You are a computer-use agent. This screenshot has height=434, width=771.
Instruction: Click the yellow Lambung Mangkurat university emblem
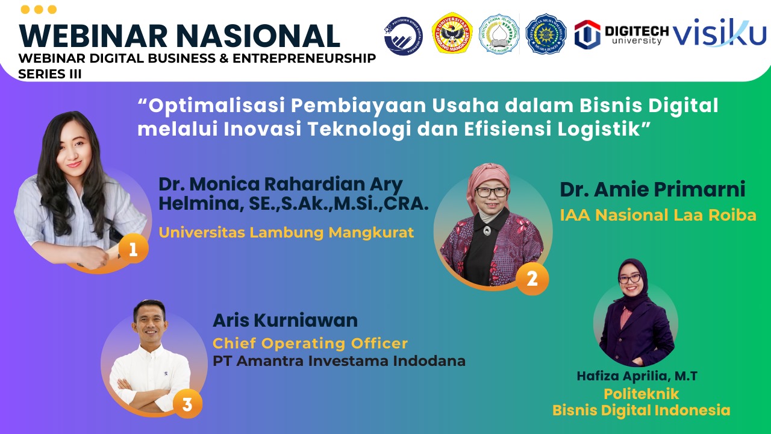click(x=452, y=34)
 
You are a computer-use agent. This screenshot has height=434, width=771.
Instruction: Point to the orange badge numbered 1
click(x=133, y=250)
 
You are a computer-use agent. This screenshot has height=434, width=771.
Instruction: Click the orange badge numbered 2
click(x=532, y=279)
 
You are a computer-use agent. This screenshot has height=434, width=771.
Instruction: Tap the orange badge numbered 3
click(x=187, y=404)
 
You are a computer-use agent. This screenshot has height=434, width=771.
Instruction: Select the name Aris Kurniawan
click(x=285, y=320)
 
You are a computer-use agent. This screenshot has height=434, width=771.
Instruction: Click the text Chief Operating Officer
click(x=310, y=344)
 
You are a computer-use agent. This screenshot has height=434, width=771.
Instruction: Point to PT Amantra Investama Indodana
click(x=339, y=362)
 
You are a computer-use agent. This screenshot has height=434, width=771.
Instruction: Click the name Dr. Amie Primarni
click(x=652, y=190)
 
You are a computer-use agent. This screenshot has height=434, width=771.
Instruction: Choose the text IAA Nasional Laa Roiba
click(x=658, y=215)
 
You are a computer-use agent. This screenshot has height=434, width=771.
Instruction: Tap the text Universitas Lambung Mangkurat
click(x=286, y=233)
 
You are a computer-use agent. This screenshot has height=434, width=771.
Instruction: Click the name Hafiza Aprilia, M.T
click(x=637, y=376)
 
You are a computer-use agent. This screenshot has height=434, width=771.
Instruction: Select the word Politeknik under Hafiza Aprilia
click(x=641, y=394)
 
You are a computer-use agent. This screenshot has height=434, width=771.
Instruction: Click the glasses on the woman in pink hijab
click(x=492, y=192)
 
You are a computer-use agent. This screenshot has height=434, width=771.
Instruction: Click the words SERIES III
click(x=50, y=73)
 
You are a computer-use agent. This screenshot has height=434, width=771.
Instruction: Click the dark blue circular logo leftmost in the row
click(x=403, y=36)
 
